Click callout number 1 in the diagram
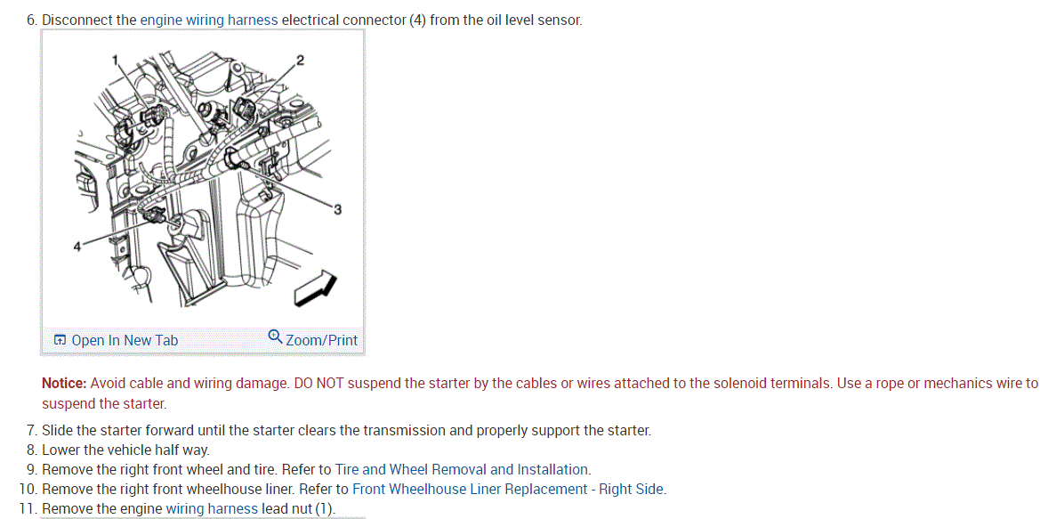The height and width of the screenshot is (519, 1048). coord(115,60)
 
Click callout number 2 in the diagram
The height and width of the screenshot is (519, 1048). coord(300,60)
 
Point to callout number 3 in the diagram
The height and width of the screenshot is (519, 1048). coord(337,209)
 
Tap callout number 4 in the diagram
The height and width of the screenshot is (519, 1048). coord(77,246)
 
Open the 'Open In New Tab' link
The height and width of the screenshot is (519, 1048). coord(124,340)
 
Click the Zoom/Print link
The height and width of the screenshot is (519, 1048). coord(321,340)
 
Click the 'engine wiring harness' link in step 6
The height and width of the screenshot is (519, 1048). coord(209,20)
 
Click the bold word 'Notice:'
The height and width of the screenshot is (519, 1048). coord(64,384)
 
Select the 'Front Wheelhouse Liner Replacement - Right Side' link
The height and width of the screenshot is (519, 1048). coord(508,489)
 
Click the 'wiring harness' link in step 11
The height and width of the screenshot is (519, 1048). coord(212,508)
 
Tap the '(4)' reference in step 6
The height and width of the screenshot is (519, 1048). coord(417,20)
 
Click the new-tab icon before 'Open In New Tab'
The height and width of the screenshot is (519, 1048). coord(60,340)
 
